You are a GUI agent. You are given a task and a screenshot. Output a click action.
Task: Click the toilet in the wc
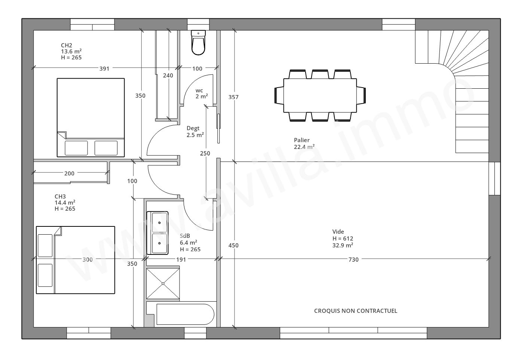(198, 42)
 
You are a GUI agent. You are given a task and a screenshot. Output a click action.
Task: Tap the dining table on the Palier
(320, 95)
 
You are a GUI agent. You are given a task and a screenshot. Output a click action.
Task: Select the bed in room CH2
(91, 117)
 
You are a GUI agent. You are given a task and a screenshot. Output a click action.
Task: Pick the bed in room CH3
(76, 260)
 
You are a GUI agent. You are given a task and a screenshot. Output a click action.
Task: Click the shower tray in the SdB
(163, 283)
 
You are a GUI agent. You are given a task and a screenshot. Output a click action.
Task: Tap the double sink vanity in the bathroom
(157, 233)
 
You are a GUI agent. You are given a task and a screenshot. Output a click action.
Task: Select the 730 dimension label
(353, 259)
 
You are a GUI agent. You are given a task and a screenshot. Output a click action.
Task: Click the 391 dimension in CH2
(104, 68)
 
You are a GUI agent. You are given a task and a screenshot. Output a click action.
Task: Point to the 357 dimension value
(233, 97)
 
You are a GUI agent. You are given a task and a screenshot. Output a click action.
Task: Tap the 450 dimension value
(233, 245)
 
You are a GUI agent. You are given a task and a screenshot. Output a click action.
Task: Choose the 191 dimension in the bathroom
(181, 259)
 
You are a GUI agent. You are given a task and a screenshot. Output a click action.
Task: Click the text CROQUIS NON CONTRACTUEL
(355, 311)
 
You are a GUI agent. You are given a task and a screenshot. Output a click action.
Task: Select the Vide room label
(338, 232)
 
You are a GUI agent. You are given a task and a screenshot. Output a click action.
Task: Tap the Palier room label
(301, 140)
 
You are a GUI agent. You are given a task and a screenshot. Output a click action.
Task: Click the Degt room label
(193, 128)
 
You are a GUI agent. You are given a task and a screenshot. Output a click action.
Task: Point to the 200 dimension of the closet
(70, 173)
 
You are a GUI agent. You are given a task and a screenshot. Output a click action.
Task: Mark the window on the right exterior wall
(494, 179)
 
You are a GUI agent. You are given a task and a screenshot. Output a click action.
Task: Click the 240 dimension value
(168, 75)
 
